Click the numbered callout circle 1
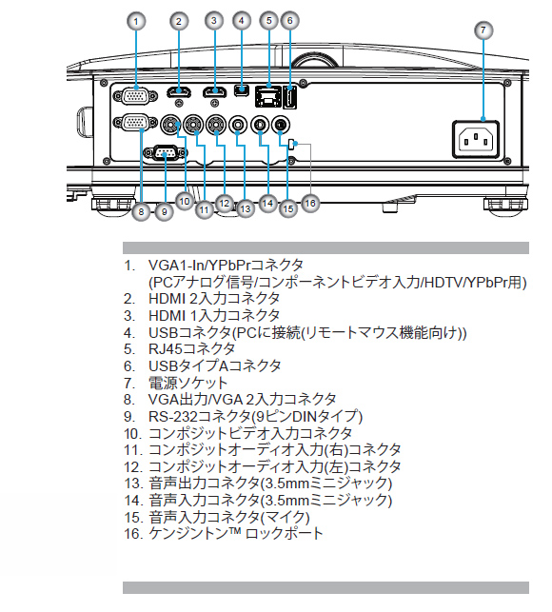point(136,21)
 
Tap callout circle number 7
point(483,30)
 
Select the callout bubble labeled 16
point(310,203)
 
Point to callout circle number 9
point(164,211)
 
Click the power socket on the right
point(476,139)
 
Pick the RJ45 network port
point(267,96)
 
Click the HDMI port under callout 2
point(179,92)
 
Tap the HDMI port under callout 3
point(214,92)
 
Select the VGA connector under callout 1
point(135,95)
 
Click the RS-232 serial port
point(165,152)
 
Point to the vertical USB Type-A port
point(289,97)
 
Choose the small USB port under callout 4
point(241,89)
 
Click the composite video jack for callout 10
point(171,125)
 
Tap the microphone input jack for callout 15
point(280,126)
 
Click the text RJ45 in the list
point(166,348)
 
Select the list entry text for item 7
point(187,383)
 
